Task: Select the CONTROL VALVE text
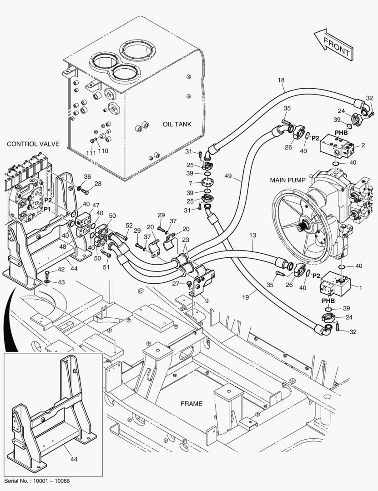(x=33, y=144)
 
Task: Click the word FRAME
(x=192, y=404)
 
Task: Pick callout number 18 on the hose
(x=281, y=80)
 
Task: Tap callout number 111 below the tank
(x=91, y=153)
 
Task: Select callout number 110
(x=103, y=151)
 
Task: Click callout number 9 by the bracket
(x=207, y=301)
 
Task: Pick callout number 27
(x=175, y=284)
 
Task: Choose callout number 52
(x=129, y=225)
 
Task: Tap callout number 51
(x=106, y=267)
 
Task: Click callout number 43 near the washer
(x=61, y=282)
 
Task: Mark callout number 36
(x=87, y=177)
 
